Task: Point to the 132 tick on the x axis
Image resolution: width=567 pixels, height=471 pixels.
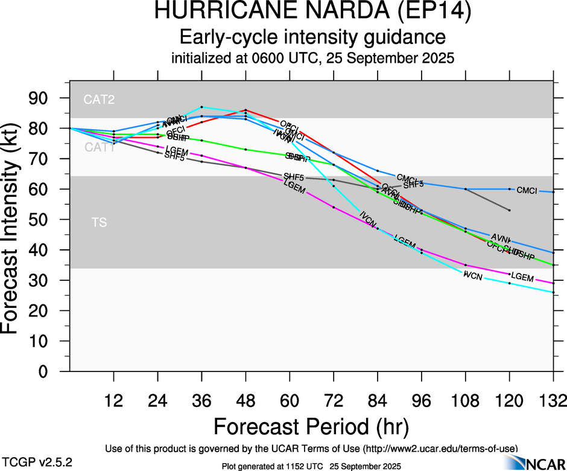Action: point(553,401)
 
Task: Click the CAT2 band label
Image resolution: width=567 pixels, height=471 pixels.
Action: point(99,100)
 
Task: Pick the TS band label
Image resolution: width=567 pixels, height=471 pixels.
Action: point(99,223)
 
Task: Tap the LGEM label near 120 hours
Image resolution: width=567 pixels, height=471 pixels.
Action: point(522,278)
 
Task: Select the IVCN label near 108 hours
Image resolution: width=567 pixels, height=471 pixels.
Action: point(473,275)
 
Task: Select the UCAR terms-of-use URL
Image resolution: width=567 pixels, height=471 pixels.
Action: point(440,449)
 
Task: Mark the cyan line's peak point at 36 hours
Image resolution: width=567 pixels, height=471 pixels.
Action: point(201,107)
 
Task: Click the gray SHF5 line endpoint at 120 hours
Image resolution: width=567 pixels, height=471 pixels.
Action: point(510,210)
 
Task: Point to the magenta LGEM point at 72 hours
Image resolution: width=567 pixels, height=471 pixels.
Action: point(334,207)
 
